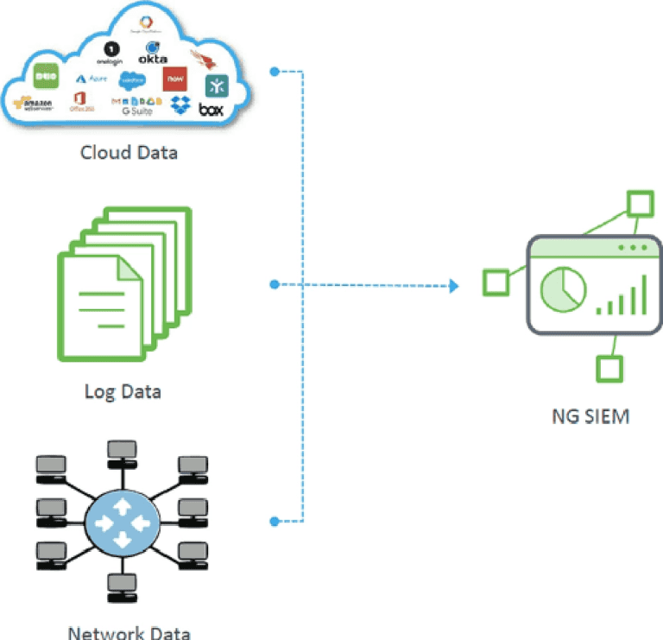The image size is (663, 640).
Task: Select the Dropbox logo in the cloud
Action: click(180, 105)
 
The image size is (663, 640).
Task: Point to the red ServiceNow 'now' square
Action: click(175, 78)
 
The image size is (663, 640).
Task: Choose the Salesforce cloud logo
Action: click(133, 79)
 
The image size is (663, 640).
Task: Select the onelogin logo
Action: click(110, 54)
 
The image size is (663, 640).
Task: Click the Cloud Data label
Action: click(129, 153)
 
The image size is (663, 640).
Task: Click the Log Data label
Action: click(123, 390)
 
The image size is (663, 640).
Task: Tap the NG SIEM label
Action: click(590, 416)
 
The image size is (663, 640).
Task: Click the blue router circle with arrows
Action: click(122, 523)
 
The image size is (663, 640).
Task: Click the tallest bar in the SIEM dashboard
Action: click(642, 294)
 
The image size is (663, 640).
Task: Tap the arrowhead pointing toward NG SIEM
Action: click(454, 284)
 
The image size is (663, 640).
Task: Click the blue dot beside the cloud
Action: click(275, 72)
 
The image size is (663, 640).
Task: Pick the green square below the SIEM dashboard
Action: click(609, 369)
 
